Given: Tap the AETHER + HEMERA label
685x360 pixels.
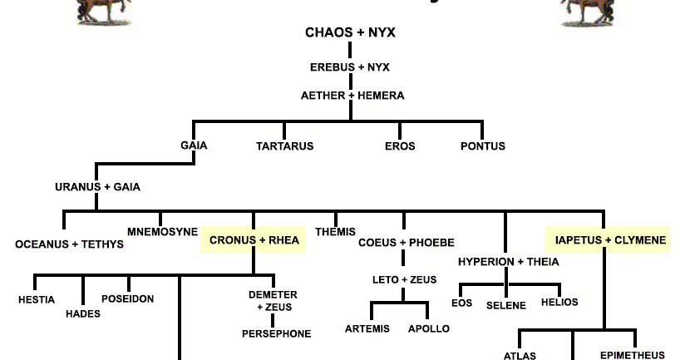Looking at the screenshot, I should click(352, 96).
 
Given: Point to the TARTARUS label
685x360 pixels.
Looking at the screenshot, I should click(284, 146).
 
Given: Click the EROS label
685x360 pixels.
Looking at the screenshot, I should click(400, 146).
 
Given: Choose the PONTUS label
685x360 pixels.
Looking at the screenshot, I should click(483, 146).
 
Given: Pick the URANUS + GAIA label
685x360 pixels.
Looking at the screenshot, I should click(97, 187).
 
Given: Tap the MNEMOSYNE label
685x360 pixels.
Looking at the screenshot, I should click(163, 231).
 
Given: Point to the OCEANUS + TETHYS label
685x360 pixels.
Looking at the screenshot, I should click(70, 244).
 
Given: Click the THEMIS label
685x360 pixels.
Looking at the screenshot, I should click(335, 231).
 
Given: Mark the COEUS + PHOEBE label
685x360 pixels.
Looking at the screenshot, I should click(407, 243).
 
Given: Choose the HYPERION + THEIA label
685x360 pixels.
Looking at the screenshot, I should click(509, 262).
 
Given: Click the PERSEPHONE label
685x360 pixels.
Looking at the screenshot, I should click(277, 333).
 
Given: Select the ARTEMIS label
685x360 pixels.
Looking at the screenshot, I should click(367, 328).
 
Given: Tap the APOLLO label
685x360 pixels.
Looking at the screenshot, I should click(429, 328).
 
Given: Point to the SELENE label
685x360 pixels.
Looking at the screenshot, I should click(506, 305).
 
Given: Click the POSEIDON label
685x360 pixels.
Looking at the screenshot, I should click(127, 298).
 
